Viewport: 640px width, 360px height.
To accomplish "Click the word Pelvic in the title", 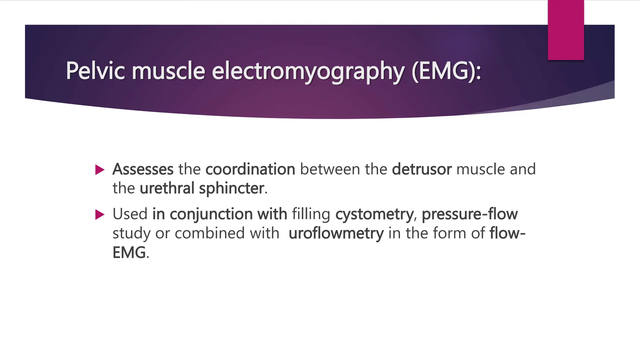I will pos(95,71).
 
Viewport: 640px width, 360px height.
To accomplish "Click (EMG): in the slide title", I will pos(447,71).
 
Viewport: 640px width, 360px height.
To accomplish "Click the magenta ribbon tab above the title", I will pos(566,30).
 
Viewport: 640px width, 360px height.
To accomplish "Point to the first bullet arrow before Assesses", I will pos(100,170).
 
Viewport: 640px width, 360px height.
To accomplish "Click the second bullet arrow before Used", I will pos(100,215).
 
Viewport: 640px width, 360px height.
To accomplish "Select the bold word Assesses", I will pos(143,169).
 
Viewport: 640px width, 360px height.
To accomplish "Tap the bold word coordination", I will pos(250,169).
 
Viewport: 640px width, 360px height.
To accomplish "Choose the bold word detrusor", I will pos(422,169).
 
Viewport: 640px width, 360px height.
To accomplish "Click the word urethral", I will pos(167,188).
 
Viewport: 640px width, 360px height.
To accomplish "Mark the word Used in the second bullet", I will pos(130,214).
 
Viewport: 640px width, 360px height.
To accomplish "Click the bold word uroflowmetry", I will pos(336,233).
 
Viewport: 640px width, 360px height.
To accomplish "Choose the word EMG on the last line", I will pos(129,252).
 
